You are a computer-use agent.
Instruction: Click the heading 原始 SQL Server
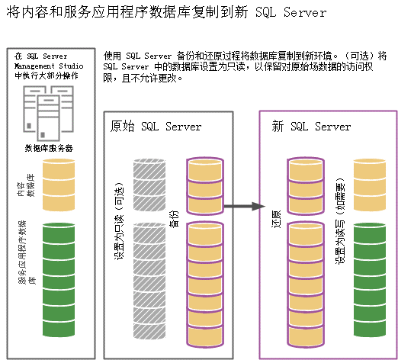156,127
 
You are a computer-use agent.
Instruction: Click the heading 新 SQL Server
311,127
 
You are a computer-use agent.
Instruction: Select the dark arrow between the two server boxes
242,206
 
